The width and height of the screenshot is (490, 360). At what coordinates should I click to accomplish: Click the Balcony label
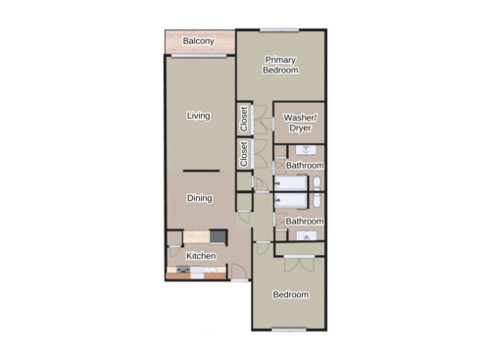coord(199,41)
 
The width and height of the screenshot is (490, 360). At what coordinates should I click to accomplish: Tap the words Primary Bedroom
coord(280,65)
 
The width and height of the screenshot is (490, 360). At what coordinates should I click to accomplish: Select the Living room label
coord(199,116)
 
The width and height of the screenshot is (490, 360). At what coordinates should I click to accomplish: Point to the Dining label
coord(200,198)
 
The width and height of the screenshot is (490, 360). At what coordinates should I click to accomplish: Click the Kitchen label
coord(201,256)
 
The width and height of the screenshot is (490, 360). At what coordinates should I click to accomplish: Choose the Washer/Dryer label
coord(300,123)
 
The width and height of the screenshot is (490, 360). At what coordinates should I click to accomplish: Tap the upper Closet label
coord(244,119)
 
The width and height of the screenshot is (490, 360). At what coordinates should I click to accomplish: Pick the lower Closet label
coord(244,153)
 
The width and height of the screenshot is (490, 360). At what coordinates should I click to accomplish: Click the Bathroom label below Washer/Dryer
coord(305,166)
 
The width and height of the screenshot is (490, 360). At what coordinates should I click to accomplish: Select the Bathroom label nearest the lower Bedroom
coord(305,222)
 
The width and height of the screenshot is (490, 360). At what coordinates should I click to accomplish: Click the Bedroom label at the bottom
coord(290,294)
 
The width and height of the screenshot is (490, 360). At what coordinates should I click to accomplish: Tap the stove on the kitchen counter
coord(182,268)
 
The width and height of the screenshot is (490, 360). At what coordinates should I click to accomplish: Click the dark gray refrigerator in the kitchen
coord(218,236)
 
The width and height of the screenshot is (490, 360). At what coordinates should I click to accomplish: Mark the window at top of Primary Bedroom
coord(280,29)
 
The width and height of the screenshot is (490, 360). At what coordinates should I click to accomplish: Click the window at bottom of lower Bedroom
coord(290,328)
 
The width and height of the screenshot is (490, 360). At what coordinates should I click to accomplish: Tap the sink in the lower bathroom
coord(307,236)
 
